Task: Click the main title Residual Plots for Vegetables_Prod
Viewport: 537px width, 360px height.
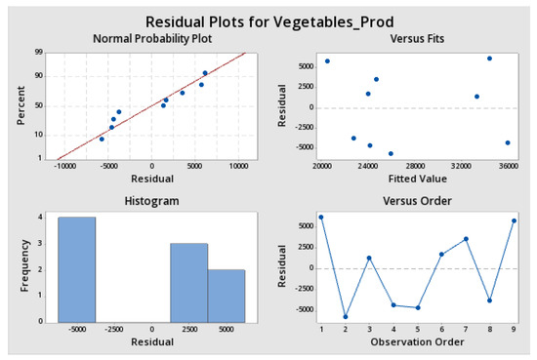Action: tap(268, 20)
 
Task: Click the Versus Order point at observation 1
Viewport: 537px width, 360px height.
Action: tap(320, 217)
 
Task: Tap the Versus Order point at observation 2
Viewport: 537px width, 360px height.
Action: tap(345, 316)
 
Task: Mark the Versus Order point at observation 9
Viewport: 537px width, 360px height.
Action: tap(515, 220)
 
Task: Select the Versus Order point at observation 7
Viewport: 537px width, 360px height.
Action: tap(466, 238)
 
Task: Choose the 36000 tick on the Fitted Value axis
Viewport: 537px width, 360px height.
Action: tap(508, 167)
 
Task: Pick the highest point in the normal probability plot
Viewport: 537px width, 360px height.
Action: tap(205, 73)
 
